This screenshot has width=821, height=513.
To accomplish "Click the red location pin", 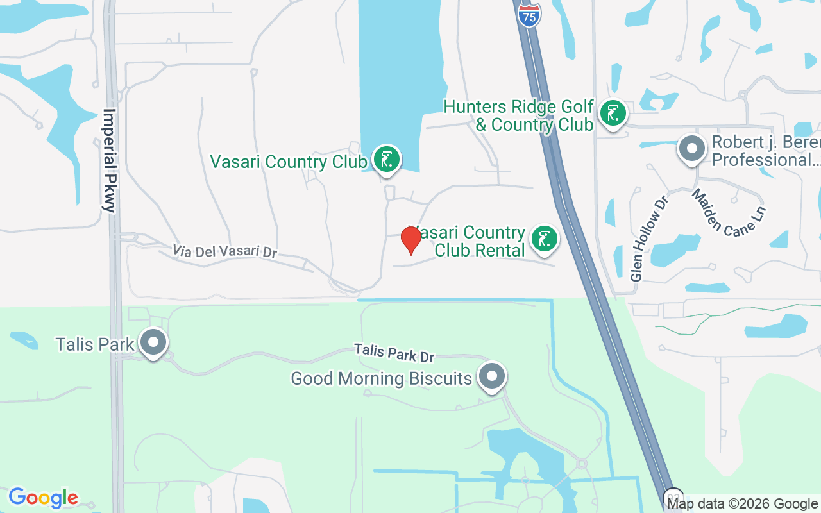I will pos(410,239).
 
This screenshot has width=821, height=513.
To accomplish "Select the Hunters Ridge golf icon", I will pos(613,114).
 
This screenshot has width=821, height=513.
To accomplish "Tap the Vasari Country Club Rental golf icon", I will pos(545,239).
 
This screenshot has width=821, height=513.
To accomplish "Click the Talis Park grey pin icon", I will pos(153,342).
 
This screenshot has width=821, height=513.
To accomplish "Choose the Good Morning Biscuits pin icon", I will pos(493,376).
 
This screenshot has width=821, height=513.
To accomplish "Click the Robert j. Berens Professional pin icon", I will pos(691,149).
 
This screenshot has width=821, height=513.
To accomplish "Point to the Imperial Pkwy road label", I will pos(110,160).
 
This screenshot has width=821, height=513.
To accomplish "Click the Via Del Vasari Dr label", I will pos(224,251).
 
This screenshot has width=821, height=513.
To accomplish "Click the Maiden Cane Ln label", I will pos(728,212).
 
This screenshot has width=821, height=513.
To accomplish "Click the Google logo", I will pos(43,498).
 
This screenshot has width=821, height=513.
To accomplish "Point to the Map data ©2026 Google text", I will pos(743,503).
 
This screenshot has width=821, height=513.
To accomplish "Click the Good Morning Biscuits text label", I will pos(381,378).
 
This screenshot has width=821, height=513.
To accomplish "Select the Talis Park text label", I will pos(95,344).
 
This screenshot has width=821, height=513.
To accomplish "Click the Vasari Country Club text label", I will pos(288,162).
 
